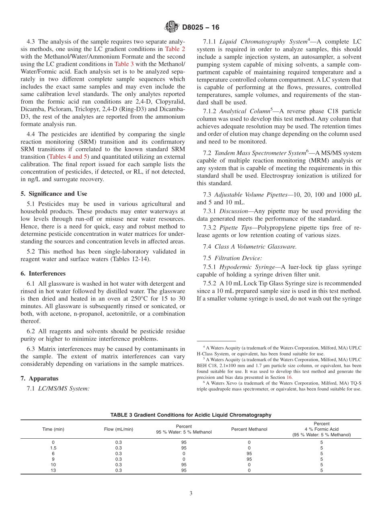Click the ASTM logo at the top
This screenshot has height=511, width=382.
[x=172, y=27]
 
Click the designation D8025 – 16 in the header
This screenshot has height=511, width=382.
[x=201, y=28]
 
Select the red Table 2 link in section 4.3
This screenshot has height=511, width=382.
[x=175, y=49]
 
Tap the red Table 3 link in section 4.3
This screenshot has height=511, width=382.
[x=124, y=64]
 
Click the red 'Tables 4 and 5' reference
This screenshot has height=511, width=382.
[x=68, y=157]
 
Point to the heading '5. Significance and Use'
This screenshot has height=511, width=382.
[x=53, y=194]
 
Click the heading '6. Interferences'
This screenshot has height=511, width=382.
[x=43, y=274]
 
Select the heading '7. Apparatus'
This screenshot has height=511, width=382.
[x=39, y=378]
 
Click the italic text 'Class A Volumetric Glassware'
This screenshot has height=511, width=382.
[x=256, y=247]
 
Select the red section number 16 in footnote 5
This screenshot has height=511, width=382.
[x=289, y=377]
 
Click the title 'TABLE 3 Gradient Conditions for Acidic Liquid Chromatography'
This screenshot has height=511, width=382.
[x=191, y=415]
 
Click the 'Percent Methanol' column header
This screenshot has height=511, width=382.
[x=249, y=429]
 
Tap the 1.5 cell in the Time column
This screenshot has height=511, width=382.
[x=53, y=448]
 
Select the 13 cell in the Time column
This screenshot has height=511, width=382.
[x=53, y=470]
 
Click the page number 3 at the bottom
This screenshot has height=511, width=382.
[x=191, y=494]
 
